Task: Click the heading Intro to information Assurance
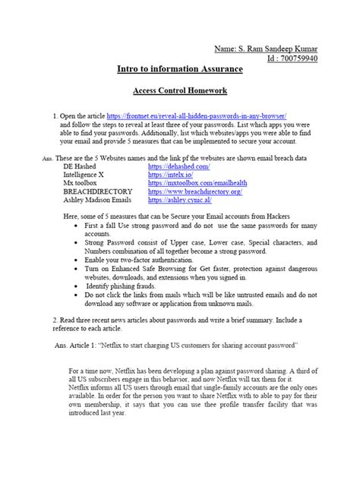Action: (x=180, y=70)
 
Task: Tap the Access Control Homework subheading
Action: (x=180, y=90)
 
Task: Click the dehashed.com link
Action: (x=178, y=165)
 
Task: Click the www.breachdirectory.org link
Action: (x=195, y=192)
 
